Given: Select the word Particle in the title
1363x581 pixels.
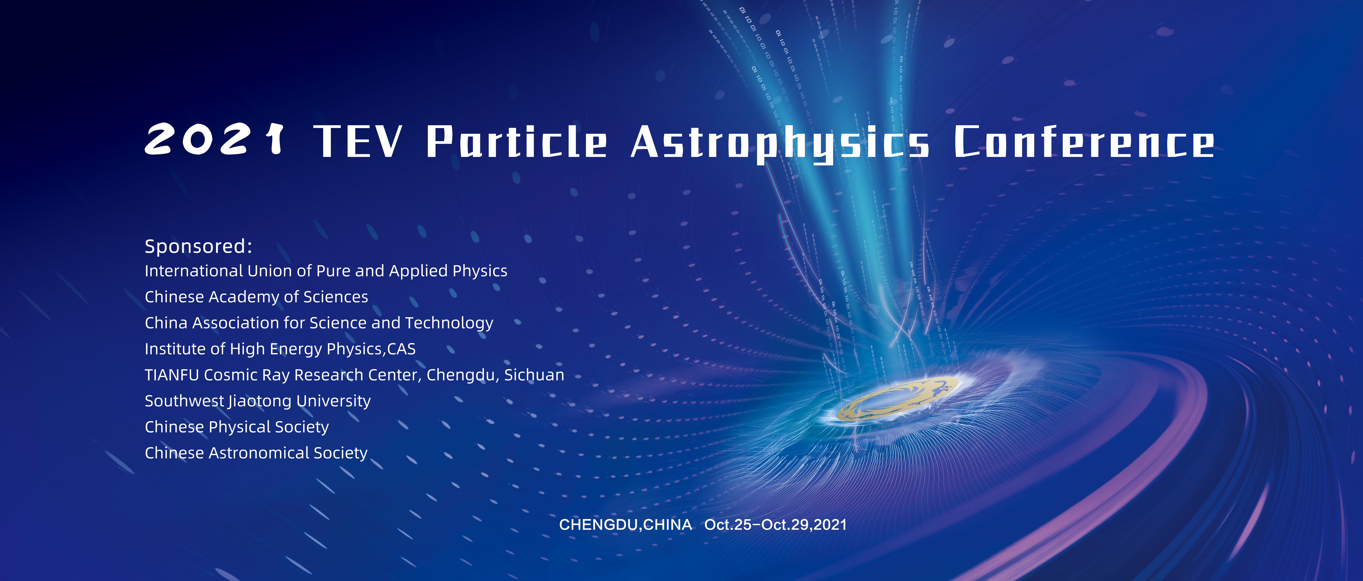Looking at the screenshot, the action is pyautogui.click(x=517, y=141).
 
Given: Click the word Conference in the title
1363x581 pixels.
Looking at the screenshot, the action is pyautogui.click(x=1084, y=141).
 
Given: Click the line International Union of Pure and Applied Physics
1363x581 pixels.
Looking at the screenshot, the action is pyautogui.click(x=326, y=271).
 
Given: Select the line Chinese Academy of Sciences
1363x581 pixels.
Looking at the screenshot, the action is pyautogui.click(x=256, y=297).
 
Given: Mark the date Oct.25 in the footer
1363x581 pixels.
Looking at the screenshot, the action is pyautogui.click(x=728, y=525).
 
